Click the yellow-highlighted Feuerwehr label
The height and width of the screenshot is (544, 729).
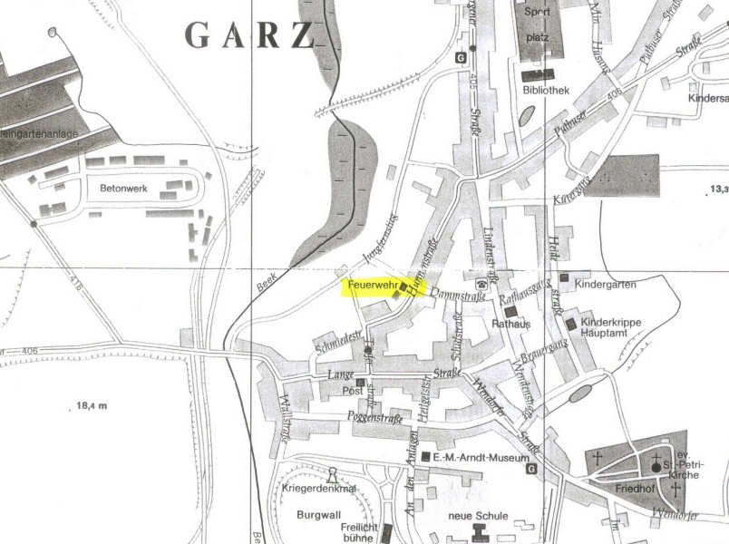[x=369, y=287]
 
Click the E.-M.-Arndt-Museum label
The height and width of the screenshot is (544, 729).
[x=480, y=459]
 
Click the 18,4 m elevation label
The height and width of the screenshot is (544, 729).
[x=86, y=405]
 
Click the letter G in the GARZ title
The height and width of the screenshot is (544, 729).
[x=199, y=35]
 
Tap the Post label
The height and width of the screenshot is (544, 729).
[x=353, y=392]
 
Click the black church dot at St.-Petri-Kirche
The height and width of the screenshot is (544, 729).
[x=656, y=467]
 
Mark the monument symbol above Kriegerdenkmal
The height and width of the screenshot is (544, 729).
[x=332, y=473]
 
